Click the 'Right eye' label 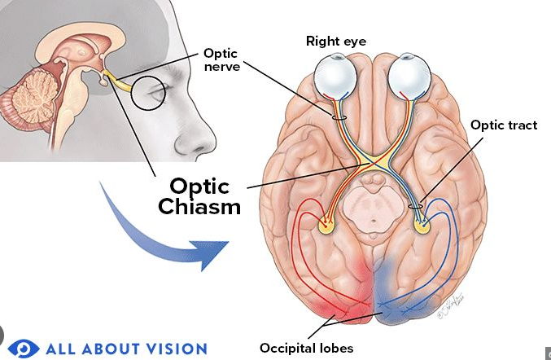pos(336,42)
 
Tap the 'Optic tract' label pos(504,125)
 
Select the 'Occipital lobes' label pos(306,348)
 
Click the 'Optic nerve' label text pos(221,59)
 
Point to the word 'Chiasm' pos(199,206)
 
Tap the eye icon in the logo pos(24,349)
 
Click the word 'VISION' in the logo pos(176,349)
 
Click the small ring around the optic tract pos(415,206)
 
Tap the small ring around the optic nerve pos(339,117)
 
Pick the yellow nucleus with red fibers pos(327,226)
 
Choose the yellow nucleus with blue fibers pos(422,226)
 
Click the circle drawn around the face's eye pos(148,93)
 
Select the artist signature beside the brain pos(451,306)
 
